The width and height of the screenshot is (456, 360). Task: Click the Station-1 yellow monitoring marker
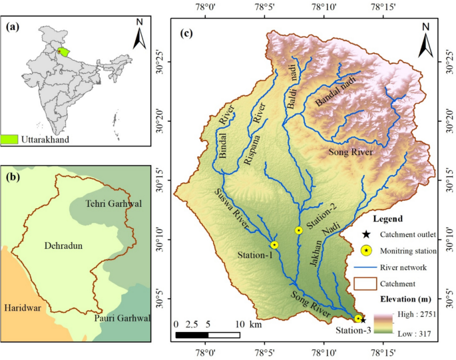pos(274,245)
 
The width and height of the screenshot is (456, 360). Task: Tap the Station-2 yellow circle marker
pos(299,230)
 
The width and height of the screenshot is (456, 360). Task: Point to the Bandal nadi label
pos(336,92)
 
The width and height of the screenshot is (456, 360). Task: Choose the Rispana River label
pos(254,134)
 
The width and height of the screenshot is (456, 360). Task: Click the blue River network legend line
pos(365,268)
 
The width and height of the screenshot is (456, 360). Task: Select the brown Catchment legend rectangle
pos(365,284)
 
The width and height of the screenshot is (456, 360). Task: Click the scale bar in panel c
pos(207,333)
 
